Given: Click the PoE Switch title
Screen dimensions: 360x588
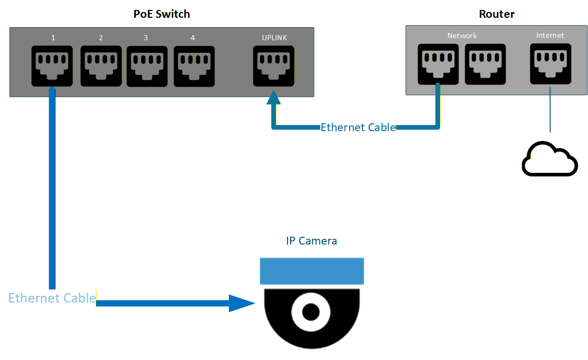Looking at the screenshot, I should pos(162,14).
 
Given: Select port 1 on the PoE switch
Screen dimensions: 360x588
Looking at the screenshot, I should pos(52,66).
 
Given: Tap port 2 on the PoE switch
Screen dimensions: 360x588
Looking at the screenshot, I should pos(101,66).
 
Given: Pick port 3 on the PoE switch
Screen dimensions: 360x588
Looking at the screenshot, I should pos(147,66).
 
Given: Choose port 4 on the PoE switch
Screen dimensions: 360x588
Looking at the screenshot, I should pos(194,66).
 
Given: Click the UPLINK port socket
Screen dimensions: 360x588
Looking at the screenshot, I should pos(273,66).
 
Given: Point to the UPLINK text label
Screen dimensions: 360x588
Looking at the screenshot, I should pos(274,38).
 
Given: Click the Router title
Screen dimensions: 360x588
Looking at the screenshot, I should pos(497,14).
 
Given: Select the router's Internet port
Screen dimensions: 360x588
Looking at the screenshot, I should pos(550,64).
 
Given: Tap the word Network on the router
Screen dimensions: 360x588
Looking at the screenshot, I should pos(462,36).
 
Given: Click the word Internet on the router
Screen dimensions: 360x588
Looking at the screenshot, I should pos(550,35).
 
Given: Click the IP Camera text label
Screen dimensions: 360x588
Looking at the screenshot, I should pos(312,241).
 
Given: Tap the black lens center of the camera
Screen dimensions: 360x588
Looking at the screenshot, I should pos(310,312).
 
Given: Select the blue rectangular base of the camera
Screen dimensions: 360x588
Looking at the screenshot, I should pos(312,271).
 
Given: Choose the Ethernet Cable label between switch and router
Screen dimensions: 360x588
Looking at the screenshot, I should pos(358,127).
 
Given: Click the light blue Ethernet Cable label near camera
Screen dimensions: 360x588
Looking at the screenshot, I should pos(52,298).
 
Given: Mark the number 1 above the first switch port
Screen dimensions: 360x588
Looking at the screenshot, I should pos(53,38).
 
